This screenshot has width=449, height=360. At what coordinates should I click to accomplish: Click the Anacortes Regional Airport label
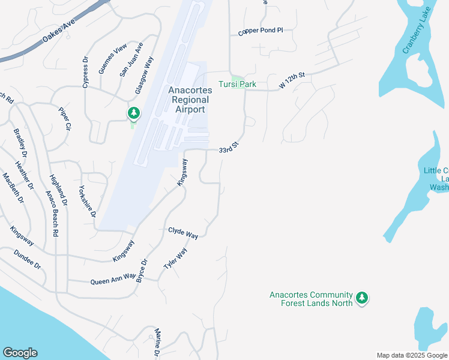[x=188, y=100]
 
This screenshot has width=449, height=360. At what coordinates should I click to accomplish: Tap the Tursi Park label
[x=237, y=84]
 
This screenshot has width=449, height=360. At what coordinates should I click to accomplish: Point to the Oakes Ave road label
[x=58, y=32]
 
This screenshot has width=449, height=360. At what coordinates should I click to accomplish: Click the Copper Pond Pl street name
[x=260, y=32]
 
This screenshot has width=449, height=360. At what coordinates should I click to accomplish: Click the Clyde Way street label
[x=183, y=233]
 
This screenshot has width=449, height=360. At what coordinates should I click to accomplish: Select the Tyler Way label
[x=175, y=259]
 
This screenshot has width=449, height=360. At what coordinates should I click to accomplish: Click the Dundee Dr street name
[x=27, y=259]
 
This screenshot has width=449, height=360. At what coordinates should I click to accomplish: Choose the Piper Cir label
[x=65, y=118]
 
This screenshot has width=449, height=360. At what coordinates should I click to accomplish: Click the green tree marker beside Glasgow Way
[x=133, y=113]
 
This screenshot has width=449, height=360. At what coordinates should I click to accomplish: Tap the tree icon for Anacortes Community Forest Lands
[x=361, y=298]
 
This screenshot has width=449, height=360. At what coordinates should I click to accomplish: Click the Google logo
[x=20, y=353]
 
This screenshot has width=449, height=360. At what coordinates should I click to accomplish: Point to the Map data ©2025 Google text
[x=412, y=355]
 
